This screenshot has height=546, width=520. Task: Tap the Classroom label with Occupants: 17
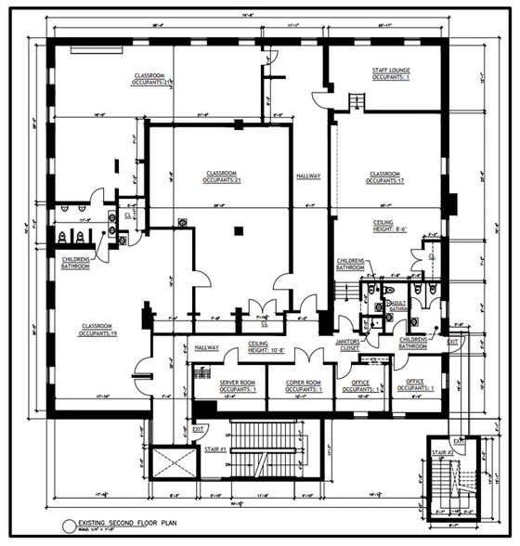pyautogui.click(x=383, y=176)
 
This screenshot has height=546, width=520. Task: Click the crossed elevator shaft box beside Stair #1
pyautogui.click(x=174, y=461)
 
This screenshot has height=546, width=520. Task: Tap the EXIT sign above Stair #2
pyautogui.click(x=459, y=441)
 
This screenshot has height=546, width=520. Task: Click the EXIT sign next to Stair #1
pyautogui.click(x=199, y=428)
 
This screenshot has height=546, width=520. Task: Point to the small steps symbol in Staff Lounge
pyautogui.click(x=355, y=101)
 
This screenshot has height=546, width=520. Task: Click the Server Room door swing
pyautogui.click(x=230, y=357)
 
